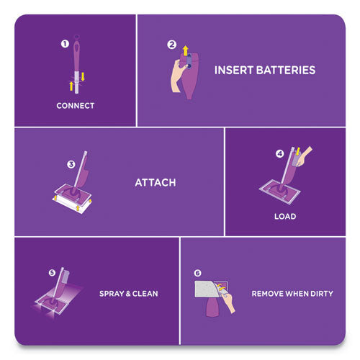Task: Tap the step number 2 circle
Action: click(171, 45)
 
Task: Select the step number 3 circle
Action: click(71, 164)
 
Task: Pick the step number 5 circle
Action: click(51, 273)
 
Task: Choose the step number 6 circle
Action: click(198, 273)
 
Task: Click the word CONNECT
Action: click(76, 106)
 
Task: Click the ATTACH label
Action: click(156, 182)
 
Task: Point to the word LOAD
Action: click(284, 216)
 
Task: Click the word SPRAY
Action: click(112, 294)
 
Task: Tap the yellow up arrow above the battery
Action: click(184, 50)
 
